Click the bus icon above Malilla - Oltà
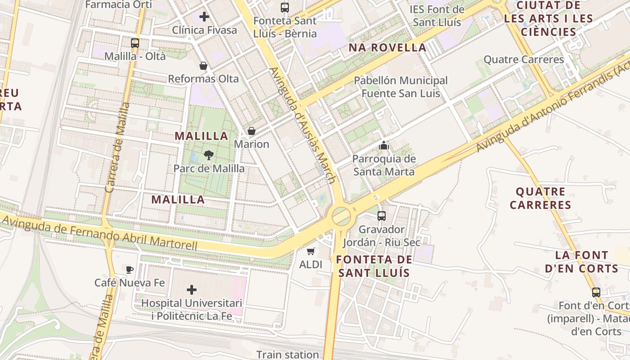(x=135, y=43)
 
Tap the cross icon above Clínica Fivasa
(x=204, y=17)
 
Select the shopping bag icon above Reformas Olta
(x=203, y=66)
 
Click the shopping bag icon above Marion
(x=252, y=131)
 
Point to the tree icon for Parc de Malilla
(x=209, y=156)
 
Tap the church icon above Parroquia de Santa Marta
(x=383, y=145)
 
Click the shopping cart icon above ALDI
(x=310, y=251)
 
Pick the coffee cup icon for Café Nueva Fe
(x=130, y=270)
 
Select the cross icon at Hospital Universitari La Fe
(x=192, y=289)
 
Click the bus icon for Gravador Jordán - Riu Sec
(x=382, y=216)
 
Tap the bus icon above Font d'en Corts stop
(x=596, y=292)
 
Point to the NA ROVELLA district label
(x=387, y=48)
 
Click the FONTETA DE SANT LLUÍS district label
(x=374, y=266)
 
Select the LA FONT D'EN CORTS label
(x=581, y=262)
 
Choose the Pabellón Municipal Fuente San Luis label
(x=400, y=87)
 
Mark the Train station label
(x=288, y=355)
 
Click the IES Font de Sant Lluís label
(x=436, y=16)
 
